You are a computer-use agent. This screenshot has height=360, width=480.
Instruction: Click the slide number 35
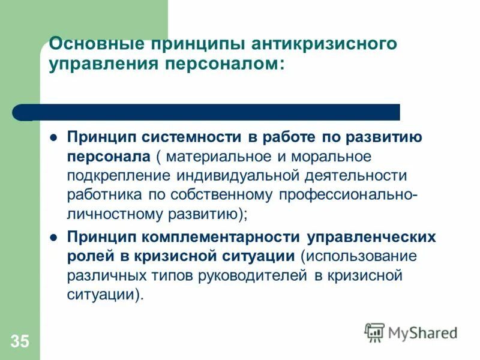coord(19,342)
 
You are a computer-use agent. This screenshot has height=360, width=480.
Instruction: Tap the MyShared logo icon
coord(374,332)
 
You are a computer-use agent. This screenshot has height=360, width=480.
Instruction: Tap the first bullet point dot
coord(53,137)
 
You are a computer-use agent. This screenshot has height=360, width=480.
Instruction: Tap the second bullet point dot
coord(53,237)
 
